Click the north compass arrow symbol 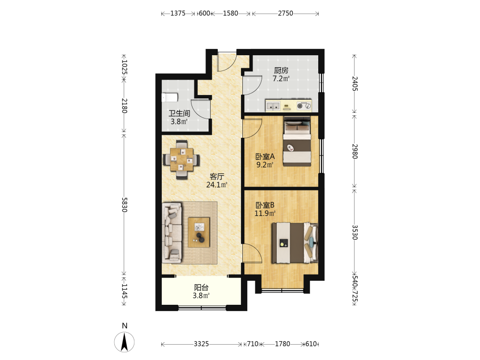click(x=124, y=342)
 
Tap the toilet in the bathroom click(x=169, y=97)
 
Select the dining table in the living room click(x=181, y=159)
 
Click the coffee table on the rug click(x=199, y=232)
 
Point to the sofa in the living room click(x=172, y=233)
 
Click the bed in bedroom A click(x=297, y=142)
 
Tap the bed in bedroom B click(x=295, y=243)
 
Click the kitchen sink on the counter click(x=273, y=106)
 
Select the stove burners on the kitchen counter click(x=304, y=106)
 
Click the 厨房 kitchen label click(x=281, y=71)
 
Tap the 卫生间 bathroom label click(x=180, y=113)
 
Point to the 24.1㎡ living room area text click(x=217, y=185)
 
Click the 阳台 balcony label click(x=202, y=288)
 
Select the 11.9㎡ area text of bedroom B click(x=265, y=213)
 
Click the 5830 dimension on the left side click(x=124, y=205)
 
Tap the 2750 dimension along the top click(x=285, y=13)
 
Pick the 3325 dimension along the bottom click(x=201, y=344)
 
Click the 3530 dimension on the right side click(x=355, y=232)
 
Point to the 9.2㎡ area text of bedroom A click(x=265, y=165)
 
